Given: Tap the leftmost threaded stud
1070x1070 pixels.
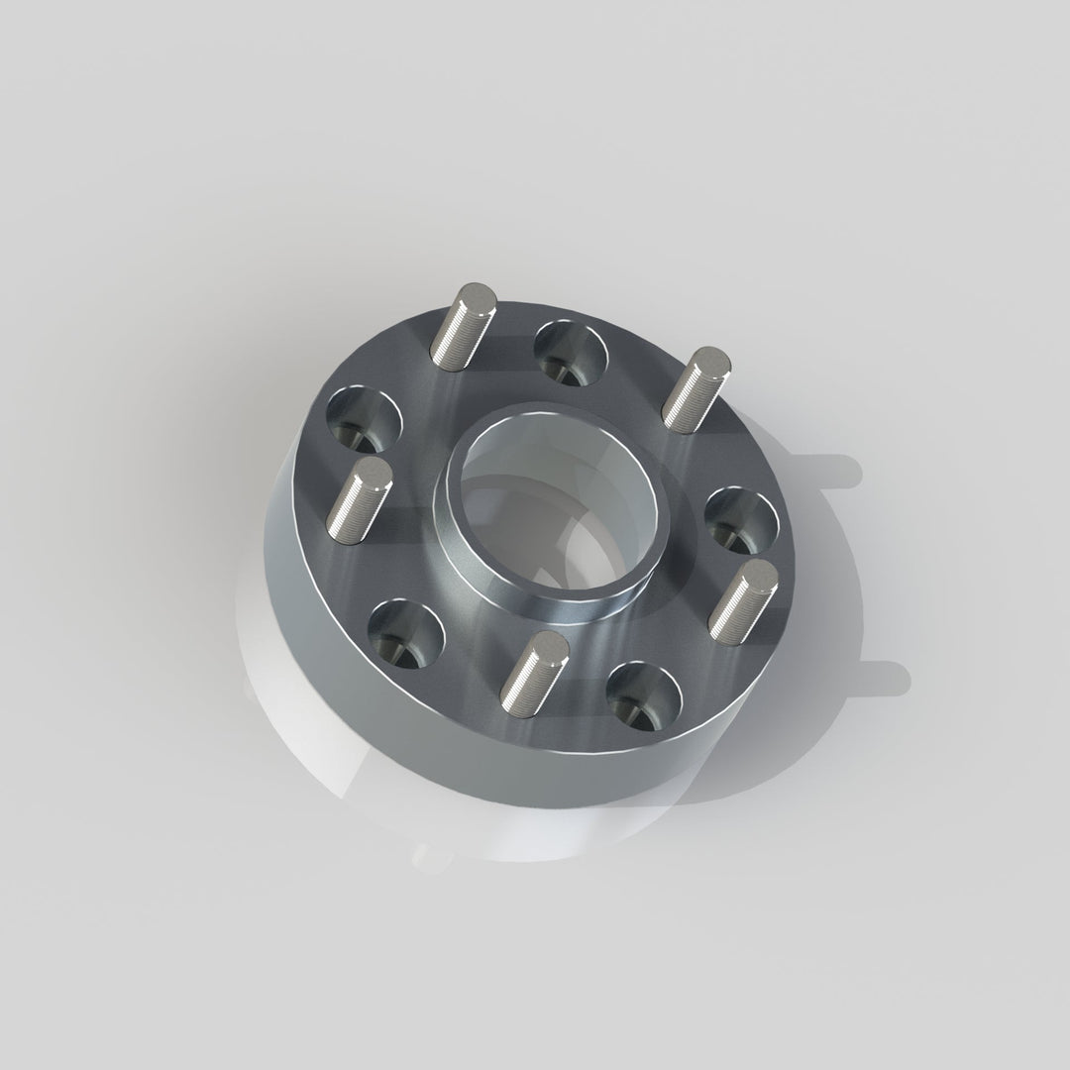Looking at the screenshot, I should point(358,497).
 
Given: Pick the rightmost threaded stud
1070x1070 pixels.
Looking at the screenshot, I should point(745,599).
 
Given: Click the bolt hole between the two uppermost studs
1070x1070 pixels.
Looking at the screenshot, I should point(571,350).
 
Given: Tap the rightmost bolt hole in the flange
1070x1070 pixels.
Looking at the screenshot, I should point(741,518).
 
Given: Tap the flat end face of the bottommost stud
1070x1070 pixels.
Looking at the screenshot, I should point(551,644).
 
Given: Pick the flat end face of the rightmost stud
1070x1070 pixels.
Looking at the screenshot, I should point(761,573).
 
